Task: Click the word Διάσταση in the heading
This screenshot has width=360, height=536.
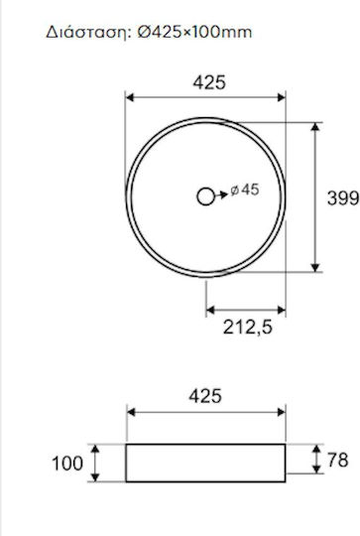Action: pos(88,33)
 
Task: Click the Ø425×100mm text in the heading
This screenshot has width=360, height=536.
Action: pos(194,32)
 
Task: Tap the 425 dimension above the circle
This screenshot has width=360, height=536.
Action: pos(209,82)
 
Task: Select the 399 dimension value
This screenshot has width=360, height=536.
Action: pos(343,198)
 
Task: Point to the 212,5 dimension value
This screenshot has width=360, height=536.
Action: pos(248,328)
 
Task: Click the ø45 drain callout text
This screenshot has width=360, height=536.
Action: pos(245,190)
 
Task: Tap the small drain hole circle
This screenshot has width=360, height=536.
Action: pos(206,197)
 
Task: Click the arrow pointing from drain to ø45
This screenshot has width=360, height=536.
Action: pos(221,195)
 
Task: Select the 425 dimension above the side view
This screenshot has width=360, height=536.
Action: pos(205,396)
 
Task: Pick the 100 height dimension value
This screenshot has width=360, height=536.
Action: pos(67,464)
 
